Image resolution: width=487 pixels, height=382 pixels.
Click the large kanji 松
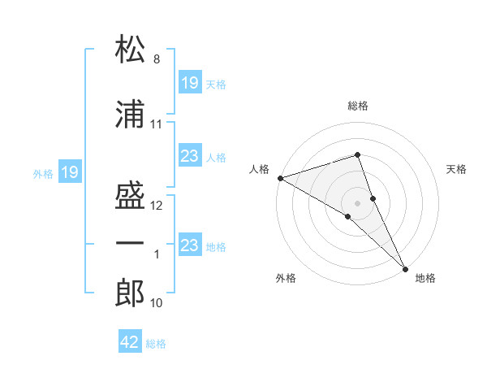[130, 49]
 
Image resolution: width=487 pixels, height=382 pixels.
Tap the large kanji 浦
[130, 114]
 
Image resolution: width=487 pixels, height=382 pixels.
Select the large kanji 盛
[130, 195]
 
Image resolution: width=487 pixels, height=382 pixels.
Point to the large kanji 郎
[130, 293]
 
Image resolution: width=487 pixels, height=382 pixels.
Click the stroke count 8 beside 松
[157, 59]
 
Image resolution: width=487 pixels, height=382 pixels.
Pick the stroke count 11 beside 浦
[156, 124]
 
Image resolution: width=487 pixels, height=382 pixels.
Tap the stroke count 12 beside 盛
[156, 206]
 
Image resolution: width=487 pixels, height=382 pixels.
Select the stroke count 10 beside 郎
[156, 303]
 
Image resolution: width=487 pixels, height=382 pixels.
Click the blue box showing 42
[130, 341]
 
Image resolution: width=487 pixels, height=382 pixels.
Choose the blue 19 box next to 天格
[191, 82]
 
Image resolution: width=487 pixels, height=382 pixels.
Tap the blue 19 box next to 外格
[70, 171]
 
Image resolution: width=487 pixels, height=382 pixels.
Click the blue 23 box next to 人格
[191, 155]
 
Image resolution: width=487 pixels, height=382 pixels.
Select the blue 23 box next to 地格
[191, 244]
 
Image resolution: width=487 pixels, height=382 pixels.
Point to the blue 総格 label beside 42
[156, 344]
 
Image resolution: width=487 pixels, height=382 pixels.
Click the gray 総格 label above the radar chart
[358, 106]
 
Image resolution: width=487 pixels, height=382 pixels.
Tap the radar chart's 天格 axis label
[456, 169]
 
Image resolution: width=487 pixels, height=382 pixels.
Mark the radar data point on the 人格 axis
[281, 178]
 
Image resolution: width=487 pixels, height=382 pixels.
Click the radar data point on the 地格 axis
[405, 269]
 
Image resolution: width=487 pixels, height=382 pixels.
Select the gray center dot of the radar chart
[357, 203]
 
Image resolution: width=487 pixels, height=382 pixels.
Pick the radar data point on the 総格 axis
[357, 154]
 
